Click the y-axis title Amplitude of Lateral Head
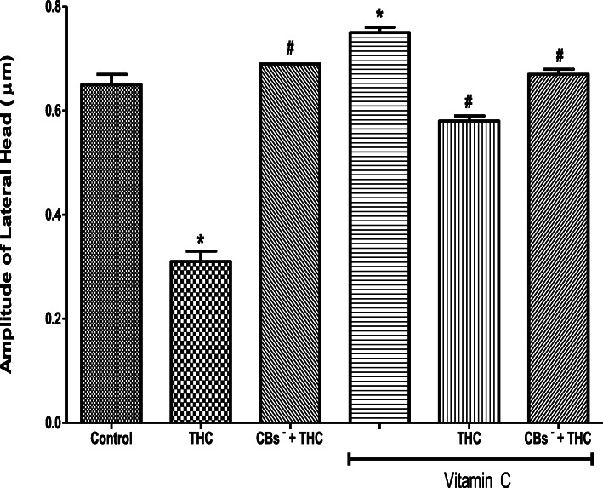pos(14,213)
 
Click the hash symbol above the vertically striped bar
pos(469,102)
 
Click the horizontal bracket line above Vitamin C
pos(469,462)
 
